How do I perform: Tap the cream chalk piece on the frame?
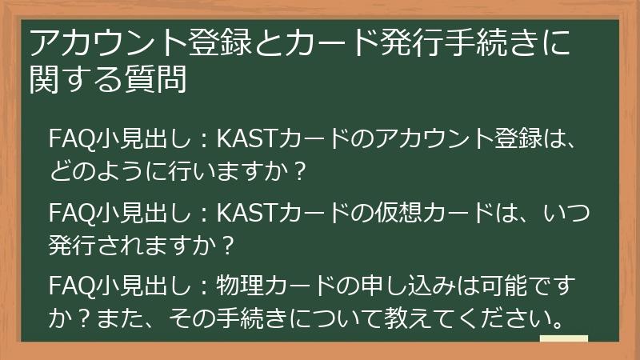pos(564,339)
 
